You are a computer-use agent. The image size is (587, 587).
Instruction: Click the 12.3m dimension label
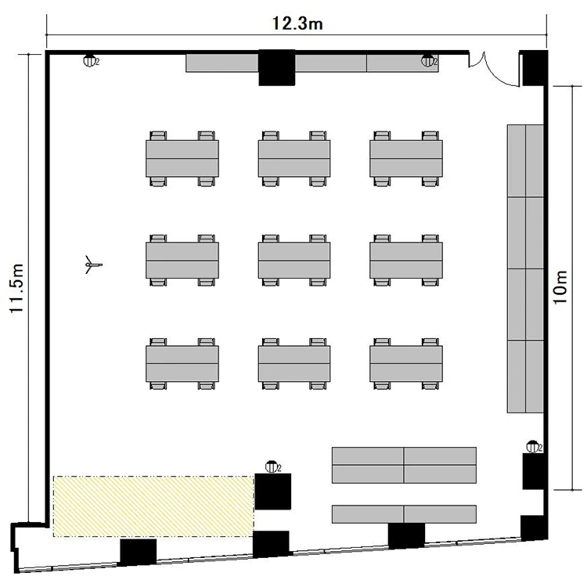click(x=297, y=23)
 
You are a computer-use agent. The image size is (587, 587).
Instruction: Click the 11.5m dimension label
click(x=17, y=288)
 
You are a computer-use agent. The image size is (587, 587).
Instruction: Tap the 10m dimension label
click(x=560, y=287)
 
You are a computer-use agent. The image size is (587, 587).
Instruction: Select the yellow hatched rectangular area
click(x=153, y=506)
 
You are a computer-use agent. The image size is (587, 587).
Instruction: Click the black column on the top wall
click(x=276, y=68)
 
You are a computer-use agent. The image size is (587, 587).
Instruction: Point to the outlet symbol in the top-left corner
click(x=90, y=60)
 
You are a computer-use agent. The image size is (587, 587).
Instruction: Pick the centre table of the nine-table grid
click(x=294, y=260)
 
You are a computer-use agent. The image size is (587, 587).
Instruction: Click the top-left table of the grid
click(x=182, y=158)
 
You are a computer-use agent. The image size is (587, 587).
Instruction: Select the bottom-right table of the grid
click(x=406, y=363)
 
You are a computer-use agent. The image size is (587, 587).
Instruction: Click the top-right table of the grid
click(x=406, y=158)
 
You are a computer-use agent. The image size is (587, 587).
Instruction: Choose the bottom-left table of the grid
click(x=182, y=363)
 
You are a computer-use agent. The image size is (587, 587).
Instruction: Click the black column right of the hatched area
click(x=273, y=492)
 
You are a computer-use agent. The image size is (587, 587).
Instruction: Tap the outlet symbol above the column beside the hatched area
click(x=272, y=466)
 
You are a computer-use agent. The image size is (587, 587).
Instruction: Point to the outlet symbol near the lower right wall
click(x=534, y=447)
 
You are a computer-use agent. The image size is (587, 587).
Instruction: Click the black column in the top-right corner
click(x=535, y=68)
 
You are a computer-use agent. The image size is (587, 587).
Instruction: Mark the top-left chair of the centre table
click(x=270, y=239)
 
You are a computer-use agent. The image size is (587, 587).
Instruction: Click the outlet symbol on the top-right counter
click(x=429, y=60)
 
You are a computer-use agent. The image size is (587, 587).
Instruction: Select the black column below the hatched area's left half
click(x=138, y=552)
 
